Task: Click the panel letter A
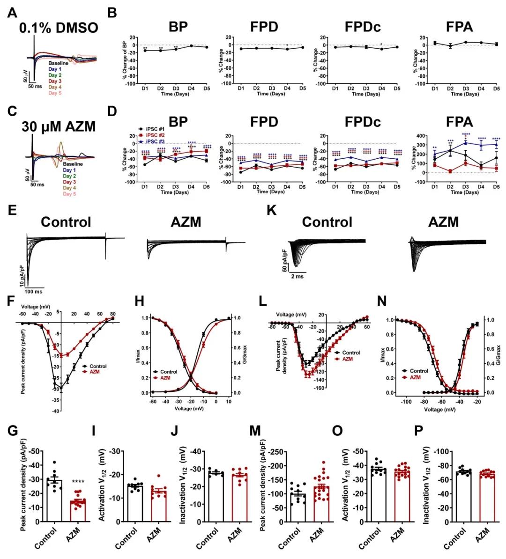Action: [13, 13]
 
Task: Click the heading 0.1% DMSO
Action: [59, 28]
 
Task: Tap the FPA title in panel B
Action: [460, 27]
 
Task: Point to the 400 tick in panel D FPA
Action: [425, 136]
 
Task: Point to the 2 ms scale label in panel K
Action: [296, 276]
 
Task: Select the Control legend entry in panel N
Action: [417, 371]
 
